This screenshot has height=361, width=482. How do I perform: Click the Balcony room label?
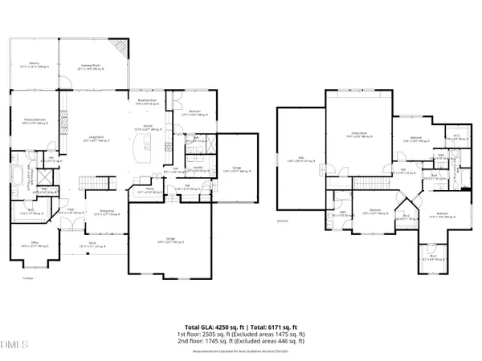[35, 65]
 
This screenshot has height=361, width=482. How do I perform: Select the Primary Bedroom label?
[35, 122]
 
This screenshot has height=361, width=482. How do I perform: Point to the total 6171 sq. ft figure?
[269, 327]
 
